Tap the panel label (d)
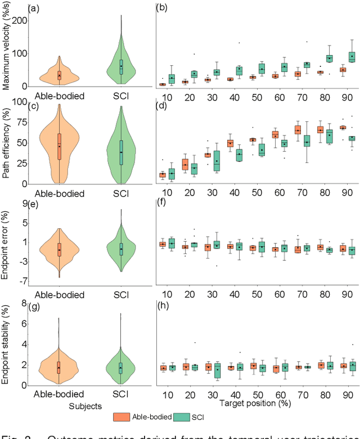[x=161, y=106]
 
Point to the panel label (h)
[x=161, y=307]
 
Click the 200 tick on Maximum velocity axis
[x=19, y=20]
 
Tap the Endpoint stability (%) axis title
[x=7, y=344]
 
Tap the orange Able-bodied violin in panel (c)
[x=59, y=146]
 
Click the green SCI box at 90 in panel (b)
[x=352, y=57]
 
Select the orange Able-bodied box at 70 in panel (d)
[x=298, y=130]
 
